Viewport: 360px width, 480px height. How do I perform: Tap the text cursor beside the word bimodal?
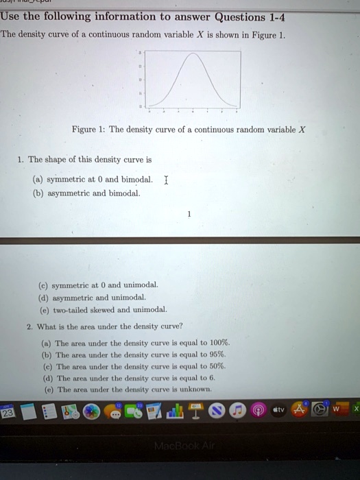[167, 180]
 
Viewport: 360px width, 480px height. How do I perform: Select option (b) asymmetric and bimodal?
[106, 193]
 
